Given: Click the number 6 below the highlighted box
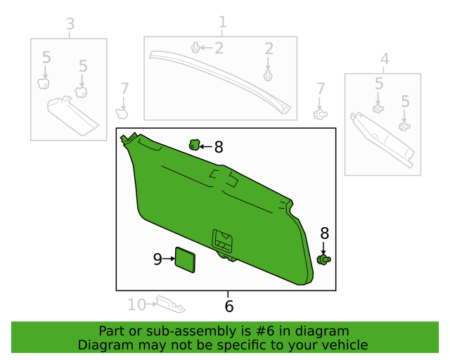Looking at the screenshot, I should [x=229, y=307].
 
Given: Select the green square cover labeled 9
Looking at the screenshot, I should [x=185, y=259].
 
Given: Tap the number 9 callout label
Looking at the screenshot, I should [x=157, y=259].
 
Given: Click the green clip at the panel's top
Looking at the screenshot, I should [x=194, y=145].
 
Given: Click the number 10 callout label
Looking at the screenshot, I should [x=136, y=304].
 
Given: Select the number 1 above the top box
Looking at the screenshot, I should [x=223, y=22].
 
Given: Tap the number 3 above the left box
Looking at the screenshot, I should [x=70, y=25].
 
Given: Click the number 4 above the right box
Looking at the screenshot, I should [x=384, y=58].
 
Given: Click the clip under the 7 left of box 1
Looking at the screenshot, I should [x=122, y=112].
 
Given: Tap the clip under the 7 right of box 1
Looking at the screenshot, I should [x=320, y=113].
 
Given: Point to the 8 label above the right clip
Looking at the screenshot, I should [x=324, y=233].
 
